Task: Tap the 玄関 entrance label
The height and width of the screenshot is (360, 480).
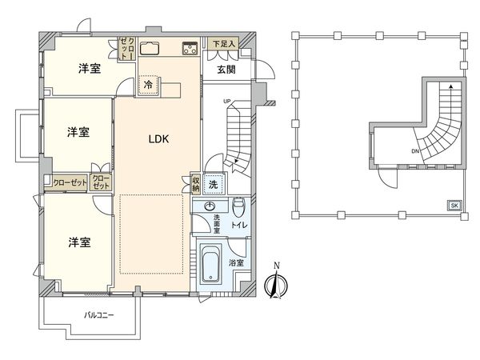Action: pyautogui.click(x=226, y=70)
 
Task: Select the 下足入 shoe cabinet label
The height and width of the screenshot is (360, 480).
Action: pyautogui.click(x=223, y=44)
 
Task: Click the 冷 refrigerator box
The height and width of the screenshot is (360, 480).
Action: pyautogui.click(x=149, y=83)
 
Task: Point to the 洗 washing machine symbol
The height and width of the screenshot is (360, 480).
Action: pyautogui.click(x=214, y=183)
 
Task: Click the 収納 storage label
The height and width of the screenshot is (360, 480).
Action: pyautogui.click(x=196, y=182)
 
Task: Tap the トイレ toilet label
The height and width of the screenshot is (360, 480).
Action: pyautogui.click(x=238, y=226)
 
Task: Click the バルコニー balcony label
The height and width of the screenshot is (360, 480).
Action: pyautogui.click(x=99, y=315)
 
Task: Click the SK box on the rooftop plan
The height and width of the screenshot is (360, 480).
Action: pyautogui.click(x=454, y=206)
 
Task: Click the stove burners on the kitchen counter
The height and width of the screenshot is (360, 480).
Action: pyautogui.click(x=190, y=48)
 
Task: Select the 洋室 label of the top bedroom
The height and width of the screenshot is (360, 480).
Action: pyautogui.click(x=89, y=69)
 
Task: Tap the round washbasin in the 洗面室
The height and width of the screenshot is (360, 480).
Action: pyautogui.click(x=210, y=206)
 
